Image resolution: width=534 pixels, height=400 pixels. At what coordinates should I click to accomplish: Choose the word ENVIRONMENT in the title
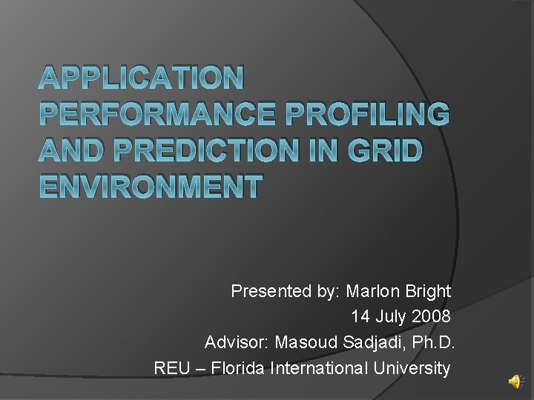tap(150, 186)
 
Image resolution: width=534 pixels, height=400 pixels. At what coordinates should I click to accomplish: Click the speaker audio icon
tap(515, 381)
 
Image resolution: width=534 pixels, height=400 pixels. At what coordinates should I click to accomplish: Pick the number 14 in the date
tap(360, 317)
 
